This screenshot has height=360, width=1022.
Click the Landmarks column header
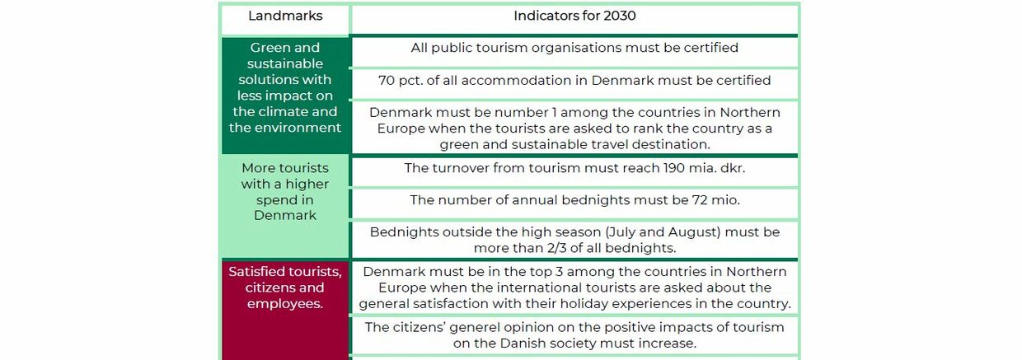(x=285, y=16)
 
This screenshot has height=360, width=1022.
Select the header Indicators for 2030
(x=574, y=16)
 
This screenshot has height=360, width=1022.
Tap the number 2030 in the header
(x=619, y=16)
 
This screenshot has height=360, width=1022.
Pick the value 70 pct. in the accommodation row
(x=400, y=81)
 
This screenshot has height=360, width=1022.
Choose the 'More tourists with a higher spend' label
(x=285, y=192)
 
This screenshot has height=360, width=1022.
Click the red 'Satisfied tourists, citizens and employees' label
(x=285, y=288)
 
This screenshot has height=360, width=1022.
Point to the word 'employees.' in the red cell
(x=285, y=304)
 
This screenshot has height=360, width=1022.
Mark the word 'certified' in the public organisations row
(x=710, y=48)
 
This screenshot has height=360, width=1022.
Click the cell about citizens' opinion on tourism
(x=574, y=335)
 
